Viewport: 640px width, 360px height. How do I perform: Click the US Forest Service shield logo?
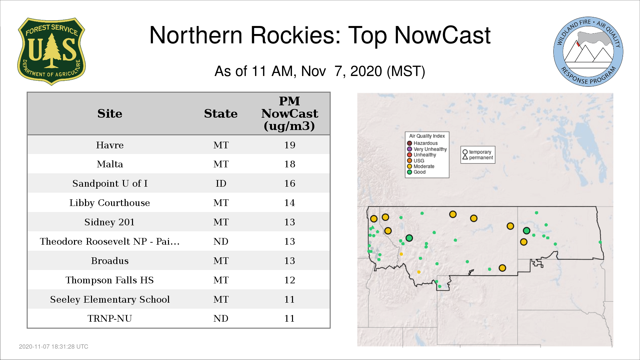(51, 52)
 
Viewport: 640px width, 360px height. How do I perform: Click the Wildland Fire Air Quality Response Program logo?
(588, 52)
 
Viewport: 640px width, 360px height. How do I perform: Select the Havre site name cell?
(110, 145)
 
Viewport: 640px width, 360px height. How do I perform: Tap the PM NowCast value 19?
(290, 145)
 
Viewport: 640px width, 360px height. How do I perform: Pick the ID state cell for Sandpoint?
(221, 183)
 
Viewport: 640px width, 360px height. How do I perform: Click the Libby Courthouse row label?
(110, 203)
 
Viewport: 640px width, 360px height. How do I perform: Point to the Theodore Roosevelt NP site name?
(110, 241)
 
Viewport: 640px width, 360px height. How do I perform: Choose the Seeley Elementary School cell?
(110, 299)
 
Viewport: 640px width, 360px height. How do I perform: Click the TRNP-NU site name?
(110, 318)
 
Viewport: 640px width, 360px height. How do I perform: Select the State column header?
(221, 114)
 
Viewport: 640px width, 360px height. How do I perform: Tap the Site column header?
(110, 114)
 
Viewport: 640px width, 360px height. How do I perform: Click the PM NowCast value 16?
(290, 183)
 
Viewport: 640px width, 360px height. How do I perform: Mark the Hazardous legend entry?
(422, 143)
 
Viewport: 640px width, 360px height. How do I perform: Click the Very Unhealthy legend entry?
(427, 149)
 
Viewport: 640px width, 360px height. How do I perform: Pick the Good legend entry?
(416, 172)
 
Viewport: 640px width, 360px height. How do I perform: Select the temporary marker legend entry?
(477, 152)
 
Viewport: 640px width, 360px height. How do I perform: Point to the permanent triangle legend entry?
(478, 157)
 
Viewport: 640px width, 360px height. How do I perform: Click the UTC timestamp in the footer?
(54, 347)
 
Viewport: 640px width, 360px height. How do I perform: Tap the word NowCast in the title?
(442, 35)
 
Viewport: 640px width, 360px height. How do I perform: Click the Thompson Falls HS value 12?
(290, 280)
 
